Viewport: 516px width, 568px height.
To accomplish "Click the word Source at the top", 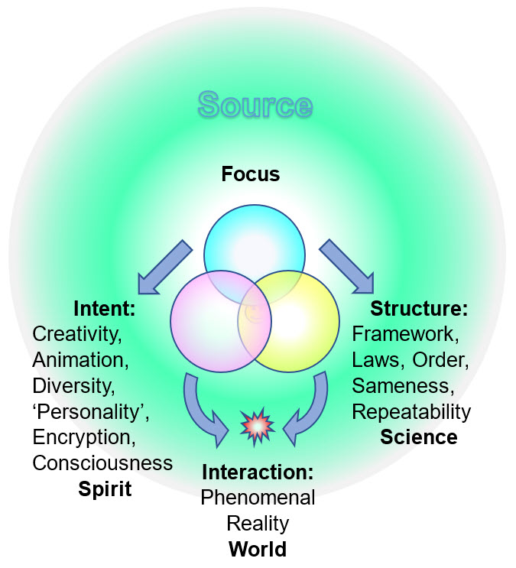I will pyautogui.click(x=255, y=105).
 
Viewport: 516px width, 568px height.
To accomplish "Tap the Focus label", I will pyautogui.click(x=251, y=174).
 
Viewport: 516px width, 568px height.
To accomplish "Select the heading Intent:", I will pyautogui.click(x=105, y=309).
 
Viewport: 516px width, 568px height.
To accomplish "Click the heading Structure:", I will pyautogui.click(x=419, y=309).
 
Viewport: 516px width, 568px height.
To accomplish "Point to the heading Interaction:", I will pyautogui.click(x=258, y=472).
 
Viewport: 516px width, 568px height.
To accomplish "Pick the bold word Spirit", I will pyautogui.click(x=105, y=488).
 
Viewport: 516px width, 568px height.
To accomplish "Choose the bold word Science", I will pyautogui.click(x=419, y=437).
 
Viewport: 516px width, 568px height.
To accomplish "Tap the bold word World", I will pyautogui.click(x=258, y=549).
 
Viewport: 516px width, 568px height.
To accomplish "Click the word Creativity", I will pyautogui.click(x=77, y=334).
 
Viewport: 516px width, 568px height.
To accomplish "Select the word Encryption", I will pyautogui.click(x=83, y=437).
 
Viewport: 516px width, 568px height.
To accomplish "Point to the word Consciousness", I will pyautogui.click(x=102, y=463).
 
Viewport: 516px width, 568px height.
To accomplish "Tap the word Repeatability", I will pyautogui.click(x=411, y=412).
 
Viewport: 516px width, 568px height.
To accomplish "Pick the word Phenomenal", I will pyautogui.click(x=258, y=498).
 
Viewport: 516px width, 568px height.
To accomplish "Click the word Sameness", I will pyautogui.click(x=400, y=386).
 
